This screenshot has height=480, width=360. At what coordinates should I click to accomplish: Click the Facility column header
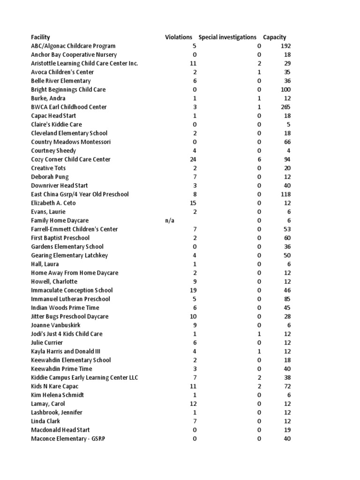(x=40, y=37)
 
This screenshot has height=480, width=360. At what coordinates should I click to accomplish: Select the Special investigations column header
(x=227, y=37)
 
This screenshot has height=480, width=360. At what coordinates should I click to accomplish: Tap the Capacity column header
(x=275, y=37)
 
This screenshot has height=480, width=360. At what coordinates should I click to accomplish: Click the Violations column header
(x=179, y=37)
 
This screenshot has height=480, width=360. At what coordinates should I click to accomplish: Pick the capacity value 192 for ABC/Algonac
(x=285, y=46)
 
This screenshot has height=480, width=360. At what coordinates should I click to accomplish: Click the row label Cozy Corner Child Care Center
(x=71, y=159)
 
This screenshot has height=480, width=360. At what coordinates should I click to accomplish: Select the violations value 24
(x=193, y=159)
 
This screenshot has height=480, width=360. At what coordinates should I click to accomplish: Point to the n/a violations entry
(x=170, y=220)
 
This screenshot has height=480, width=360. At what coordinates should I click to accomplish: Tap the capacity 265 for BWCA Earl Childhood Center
(x=285, y=107)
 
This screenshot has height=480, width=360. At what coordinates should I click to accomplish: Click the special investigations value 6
(x=259, y=159)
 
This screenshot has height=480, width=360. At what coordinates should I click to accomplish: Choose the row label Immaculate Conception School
(x=72, y=290)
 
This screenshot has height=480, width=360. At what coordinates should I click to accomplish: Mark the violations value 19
(x=193, y=290)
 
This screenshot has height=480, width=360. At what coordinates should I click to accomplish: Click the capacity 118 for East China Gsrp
(x=285, y=194)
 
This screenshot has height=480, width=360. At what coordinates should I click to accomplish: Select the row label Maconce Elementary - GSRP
(x=68, y=439)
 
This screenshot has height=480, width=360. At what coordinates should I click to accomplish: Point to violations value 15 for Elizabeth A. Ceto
(x=193, y=203)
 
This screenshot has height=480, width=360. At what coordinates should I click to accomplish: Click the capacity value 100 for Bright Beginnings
(x=285, y=90)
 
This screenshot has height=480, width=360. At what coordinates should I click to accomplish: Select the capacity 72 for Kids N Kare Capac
(x=287, y=386)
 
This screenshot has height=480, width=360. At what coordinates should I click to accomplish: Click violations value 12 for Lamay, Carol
(x=193, y=404)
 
